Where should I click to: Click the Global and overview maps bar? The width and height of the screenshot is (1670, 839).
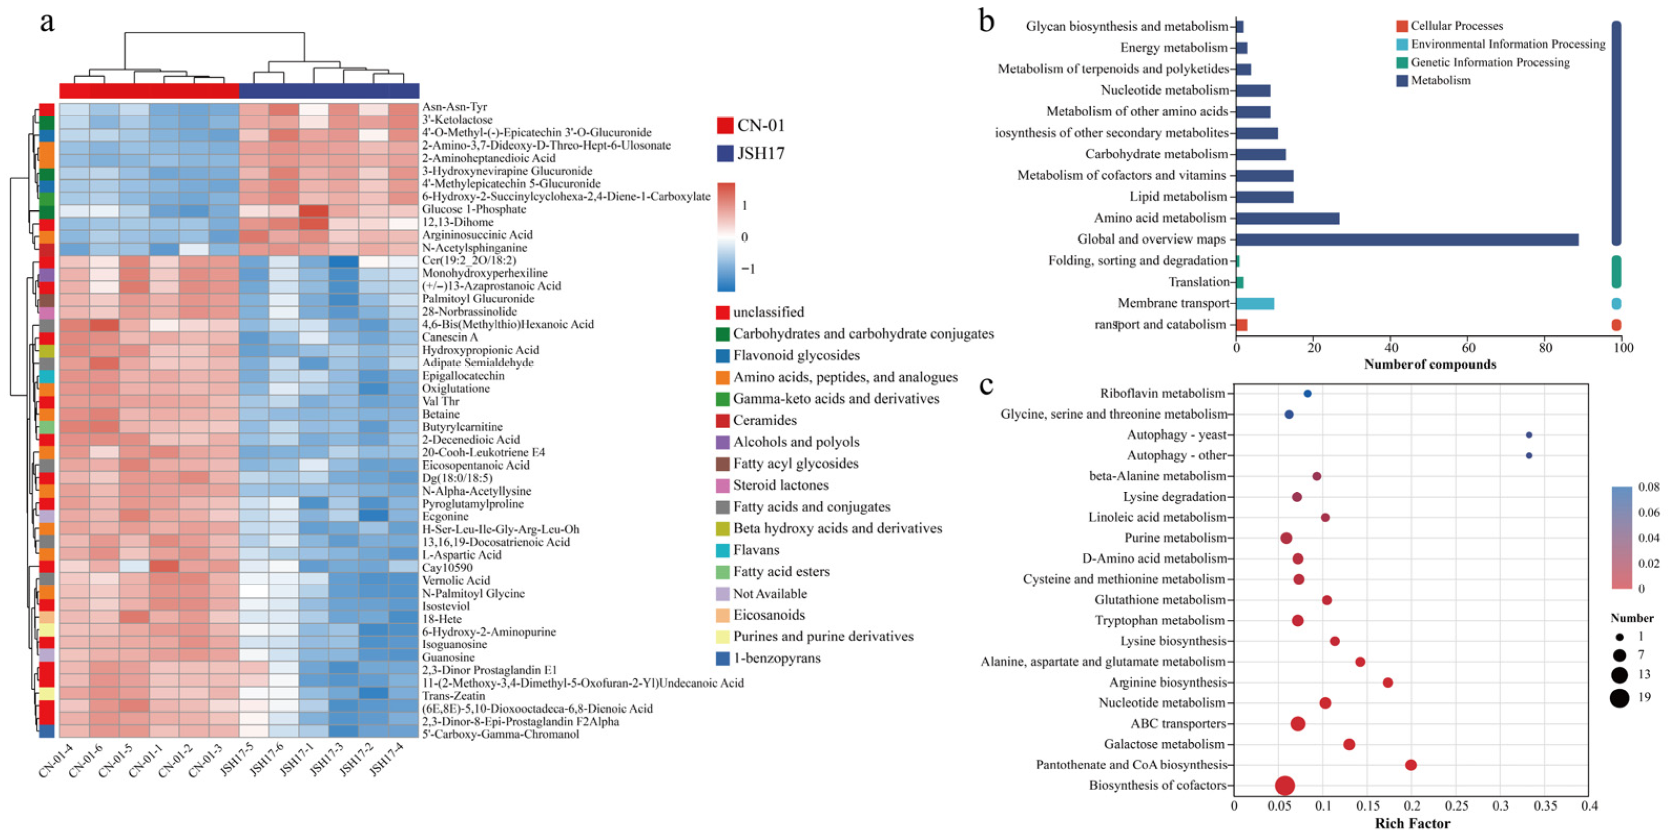point(1407,239)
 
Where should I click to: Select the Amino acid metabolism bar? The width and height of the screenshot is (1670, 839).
point(1288,218)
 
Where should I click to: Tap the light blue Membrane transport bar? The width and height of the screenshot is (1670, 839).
point(1255,304)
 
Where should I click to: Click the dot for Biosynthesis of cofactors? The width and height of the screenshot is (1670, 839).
point(1285,785)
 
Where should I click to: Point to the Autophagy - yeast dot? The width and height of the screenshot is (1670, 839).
point(1529,435)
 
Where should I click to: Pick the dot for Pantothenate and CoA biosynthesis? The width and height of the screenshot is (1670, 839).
point(1411,765)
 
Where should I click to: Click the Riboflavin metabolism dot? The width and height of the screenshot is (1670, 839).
point(1308,393)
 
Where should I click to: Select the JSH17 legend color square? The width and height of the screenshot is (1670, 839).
point(725,153)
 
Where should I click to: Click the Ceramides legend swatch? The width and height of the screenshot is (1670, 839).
point(722,421)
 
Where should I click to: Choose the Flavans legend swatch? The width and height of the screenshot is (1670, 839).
point(722,551)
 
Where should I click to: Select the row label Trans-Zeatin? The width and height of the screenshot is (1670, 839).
point(453,696)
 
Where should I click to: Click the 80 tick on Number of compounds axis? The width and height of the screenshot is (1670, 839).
point(1546,348)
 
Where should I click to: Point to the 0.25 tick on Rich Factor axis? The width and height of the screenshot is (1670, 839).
point(1457,806)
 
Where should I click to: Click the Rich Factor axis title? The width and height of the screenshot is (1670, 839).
point(1412,823)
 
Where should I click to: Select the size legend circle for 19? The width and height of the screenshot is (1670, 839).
point(1620,698)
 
